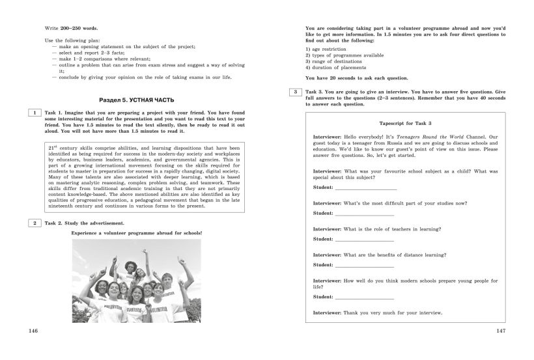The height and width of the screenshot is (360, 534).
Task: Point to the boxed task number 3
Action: (x=296, y=92)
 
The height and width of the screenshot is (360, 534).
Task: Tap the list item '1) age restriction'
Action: (x=326, y=49)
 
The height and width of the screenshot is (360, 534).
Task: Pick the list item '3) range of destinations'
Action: (x=333, y=61)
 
